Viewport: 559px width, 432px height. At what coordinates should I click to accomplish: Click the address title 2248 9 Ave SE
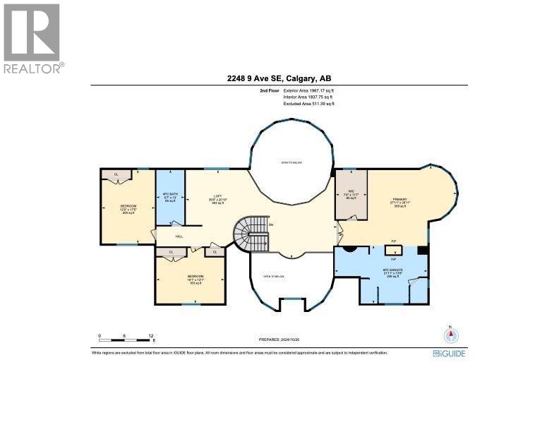pyautogui.click(x=279, y=79)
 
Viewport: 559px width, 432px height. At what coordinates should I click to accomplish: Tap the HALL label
pyautogui.click(x=179, y=236)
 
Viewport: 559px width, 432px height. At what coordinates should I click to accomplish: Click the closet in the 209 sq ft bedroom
pyautogui.click(x=116, y=174)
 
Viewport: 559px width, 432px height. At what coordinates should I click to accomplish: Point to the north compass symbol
pyautogui.click(x=447, y=335)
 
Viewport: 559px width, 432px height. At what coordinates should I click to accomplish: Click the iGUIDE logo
pyautogui.click(x=449, y=353)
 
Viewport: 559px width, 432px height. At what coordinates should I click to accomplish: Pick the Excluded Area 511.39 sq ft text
pyautogui.click(x=308, y=103)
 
